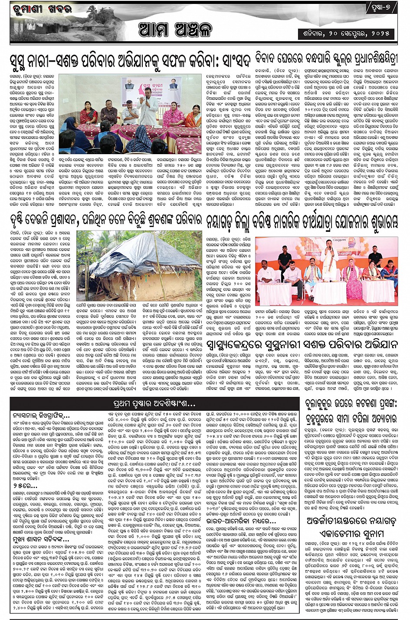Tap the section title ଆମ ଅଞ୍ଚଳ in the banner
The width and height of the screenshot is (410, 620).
pos(175,30)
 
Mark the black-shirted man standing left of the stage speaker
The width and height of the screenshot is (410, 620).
pos(285,261)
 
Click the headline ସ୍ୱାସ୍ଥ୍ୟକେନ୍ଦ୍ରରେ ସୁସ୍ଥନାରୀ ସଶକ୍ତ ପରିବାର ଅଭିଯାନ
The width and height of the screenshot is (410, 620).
pos(302,345)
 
